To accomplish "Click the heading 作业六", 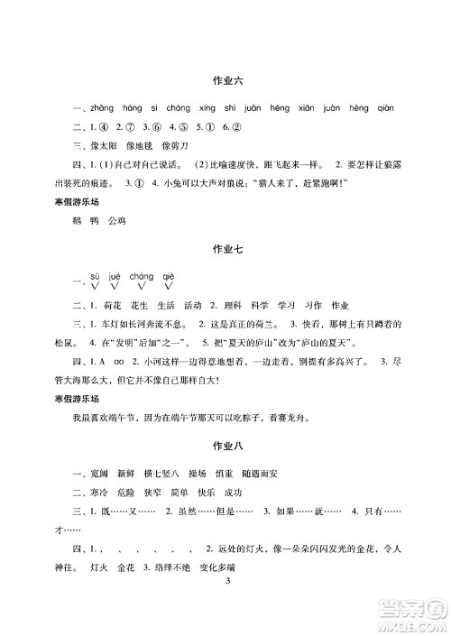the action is click(225, 83).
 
